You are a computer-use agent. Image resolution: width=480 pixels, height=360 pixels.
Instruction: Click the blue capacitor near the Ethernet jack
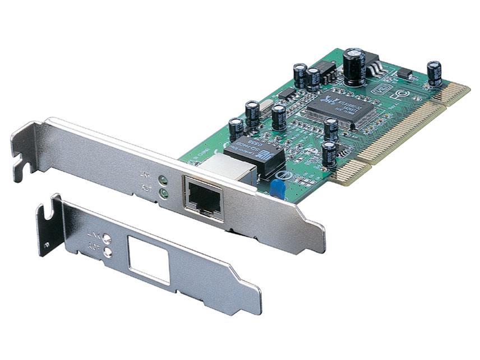[276, 187]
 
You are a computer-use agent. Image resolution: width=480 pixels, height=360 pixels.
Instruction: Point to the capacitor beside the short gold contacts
[433, 73]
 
